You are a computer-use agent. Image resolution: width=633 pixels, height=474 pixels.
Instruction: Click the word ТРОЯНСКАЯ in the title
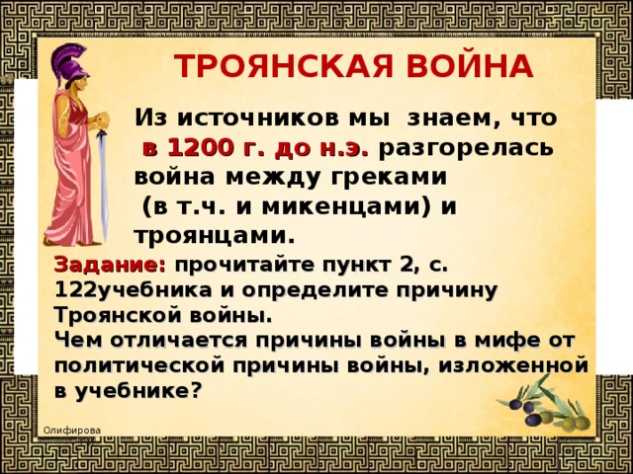(x=283, y=66)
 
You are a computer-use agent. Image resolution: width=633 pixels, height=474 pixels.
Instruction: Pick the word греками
(x=390, y=178)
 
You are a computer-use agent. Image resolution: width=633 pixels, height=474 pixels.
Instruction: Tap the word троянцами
(x=211, y=237)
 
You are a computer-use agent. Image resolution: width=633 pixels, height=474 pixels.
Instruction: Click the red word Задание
(x=110, y=265)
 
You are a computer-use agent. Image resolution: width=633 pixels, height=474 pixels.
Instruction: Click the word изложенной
(x=513, y=365)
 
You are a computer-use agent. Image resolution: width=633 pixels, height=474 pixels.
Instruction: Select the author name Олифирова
(x=72, y=431)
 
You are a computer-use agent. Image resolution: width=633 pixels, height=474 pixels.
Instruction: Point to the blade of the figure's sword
(x=103, y=186)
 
